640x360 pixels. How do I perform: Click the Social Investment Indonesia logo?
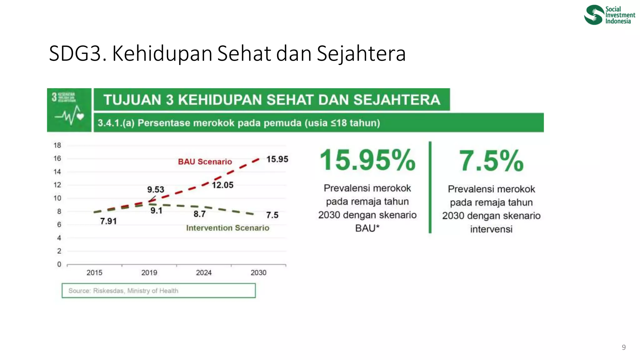(609, 15)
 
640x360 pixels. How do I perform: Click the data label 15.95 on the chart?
(277, 159)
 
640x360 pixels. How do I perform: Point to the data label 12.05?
(222, 185)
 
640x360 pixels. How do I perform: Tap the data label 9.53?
(156, 189)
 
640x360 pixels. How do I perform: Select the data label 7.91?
(108, 221)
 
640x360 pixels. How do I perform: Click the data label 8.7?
(199, 214)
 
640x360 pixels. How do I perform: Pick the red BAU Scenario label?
(205, 162)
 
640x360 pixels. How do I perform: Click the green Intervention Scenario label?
(227, 228)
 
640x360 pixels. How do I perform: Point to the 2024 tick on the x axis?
(204, 272)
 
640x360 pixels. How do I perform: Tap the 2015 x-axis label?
(94, 272)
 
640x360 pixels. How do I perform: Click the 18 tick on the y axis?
(57, 145)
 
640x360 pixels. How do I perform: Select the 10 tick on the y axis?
(57, 198)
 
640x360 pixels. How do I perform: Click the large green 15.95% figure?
(367, 160)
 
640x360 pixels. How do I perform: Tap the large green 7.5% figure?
(491, 161)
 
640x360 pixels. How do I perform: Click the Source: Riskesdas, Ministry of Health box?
(158, 291)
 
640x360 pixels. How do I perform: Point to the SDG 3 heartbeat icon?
(69, 114)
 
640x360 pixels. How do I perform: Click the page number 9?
(623, 347)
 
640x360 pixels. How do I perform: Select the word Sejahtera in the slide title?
(361, 53)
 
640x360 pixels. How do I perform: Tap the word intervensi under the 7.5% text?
(491, 229)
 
